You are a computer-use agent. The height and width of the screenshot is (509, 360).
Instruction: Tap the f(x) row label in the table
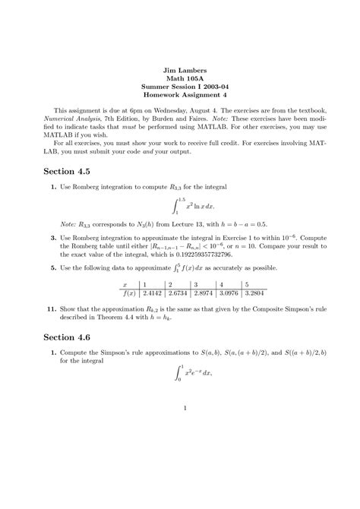(x=120, y=292)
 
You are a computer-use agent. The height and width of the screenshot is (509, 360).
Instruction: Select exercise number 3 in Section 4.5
(x=53, y=237)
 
